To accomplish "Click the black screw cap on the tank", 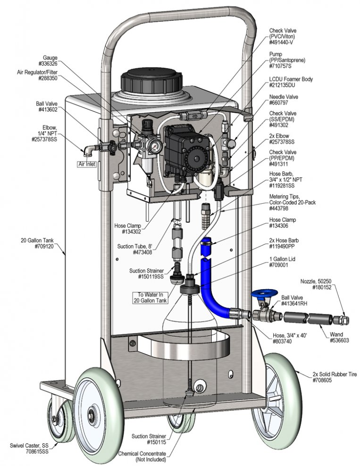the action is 151,81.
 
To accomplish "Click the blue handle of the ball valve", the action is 264,294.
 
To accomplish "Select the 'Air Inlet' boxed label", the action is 87,164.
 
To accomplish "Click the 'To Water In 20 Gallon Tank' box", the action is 151,298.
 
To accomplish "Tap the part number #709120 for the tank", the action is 44,246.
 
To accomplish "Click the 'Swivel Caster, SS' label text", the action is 29,446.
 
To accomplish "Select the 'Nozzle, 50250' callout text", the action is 316,281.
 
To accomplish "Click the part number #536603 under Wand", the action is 339,340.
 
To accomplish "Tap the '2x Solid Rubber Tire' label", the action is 335,374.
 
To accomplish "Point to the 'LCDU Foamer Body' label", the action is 291,79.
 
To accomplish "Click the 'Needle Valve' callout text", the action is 284,97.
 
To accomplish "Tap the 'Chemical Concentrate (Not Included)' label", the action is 142,457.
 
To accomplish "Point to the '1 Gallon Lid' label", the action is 282,259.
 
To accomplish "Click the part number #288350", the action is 48,78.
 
